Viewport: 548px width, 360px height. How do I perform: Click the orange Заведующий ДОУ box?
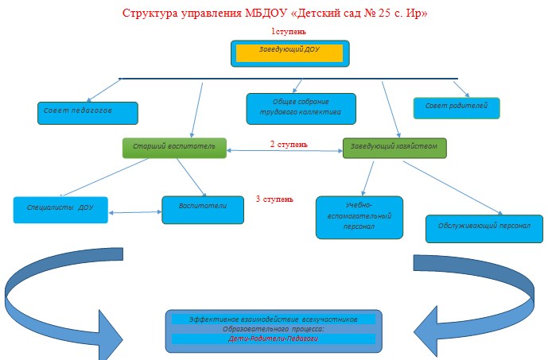(x=290, y=53)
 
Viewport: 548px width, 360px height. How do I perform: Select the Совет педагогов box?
(x=87, y=113)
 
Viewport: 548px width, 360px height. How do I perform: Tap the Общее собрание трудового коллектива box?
(x=301, y=109)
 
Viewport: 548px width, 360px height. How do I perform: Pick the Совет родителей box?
(x=457, y=108)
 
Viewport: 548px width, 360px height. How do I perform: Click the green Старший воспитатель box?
(x=174, y=148)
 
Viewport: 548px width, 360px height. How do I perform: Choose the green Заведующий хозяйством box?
(x=394, y=148)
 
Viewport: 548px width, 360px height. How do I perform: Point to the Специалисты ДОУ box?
(x=60, y=210)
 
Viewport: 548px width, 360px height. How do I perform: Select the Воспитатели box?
(x=203, y=210)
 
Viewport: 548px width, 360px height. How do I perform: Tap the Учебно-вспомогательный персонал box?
(x=360, y=218)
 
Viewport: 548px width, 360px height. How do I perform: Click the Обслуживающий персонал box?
(x=484, y=229)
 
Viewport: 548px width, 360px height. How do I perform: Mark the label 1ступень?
(x=289, y=32)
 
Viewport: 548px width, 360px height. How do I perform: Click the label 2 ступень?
(x=289, y=144)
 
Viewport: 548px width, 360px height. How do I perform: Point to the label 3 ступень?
(x=274, y=199)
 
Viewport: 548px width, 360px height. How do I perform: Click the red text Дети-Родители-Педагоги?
(x=274, y=339)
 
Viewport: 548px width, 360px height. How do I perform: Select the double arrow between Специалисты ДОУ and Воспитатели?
(x=135, y=212)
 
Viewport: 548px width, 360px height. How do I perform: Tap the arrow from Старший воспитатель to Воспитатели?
(x=191, y=177)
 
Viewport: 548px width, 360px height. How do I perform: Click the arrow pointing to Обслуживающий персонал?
(x=453, y=188)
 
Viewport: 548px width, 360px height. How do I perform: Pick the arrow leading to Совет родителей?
(x=461, y=89)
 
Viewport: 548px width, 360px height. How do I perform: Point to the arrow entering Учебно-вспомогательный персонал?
(x=367, y=179)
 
